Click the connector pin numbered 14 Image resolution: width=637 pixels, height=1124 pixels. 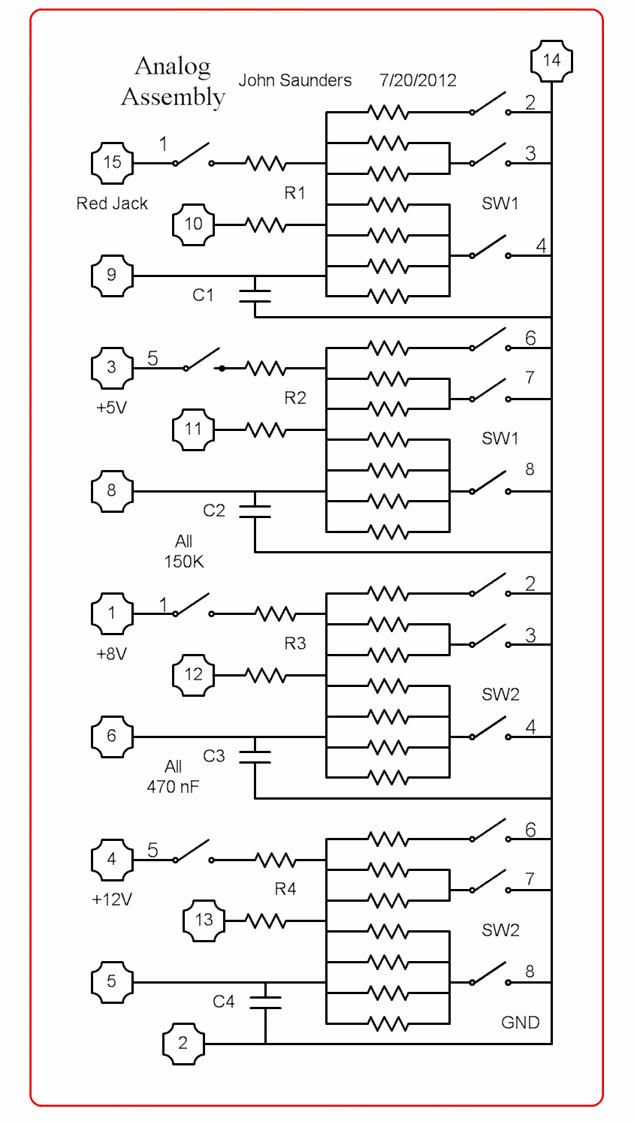[x=551, y=61]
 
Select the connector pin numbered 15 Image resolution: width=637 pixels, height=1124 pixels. [x=112, y=162]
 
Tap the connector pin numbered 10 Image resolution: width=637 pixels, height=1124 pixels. [x=193, y=224]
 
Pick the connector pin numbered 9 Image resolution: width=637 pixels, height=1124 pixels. [x=112, y=275]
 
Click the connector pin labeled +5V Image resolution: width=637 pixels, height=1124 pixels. [x=112, y=368]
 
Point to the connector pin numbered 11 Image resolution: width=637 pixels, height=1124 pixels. [x=193, y=429]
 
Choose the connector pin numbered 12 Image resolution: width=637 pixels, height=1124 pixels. [x=193, y=675]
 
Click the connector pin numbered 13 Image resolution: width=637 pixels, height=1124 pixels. [x=204, y=921]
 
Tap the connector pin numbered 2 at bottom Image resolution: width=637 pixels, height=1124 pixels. [x=183, y=1043]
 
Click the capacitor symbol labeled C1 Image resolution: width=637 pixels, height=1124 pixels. [x=255, y=295]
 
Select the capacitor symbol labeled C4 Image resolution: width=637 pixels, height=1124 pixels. [x=265, y=1002]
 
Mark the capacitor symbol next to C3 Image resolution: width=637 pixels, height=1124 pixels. [x=255, y=757]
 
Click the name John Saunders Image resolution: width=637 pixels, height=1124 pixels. [x=295, y=80]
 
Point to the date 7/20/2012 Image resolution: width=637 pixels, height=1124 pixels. [x=418, y=80]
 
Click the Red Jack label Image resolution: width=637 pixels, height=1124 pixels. [x=112, y=203]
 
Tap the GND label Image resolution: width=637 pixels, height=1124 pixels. [x=520, y=1023]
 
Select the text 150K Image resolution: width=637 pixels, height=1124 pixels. [x=184, y=561]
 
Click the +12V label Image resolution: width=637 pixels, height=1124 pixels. [x=112, y=900]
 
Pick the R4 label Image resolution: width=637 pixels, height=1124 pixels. [x=285, y=890]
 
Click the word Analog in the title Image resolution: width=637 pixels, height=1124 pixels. [x=173, y=67]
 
